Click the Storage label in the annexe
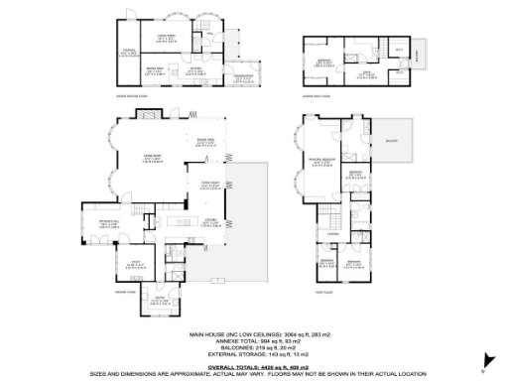click(129, 54)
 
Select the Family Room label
click(210, 186)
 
